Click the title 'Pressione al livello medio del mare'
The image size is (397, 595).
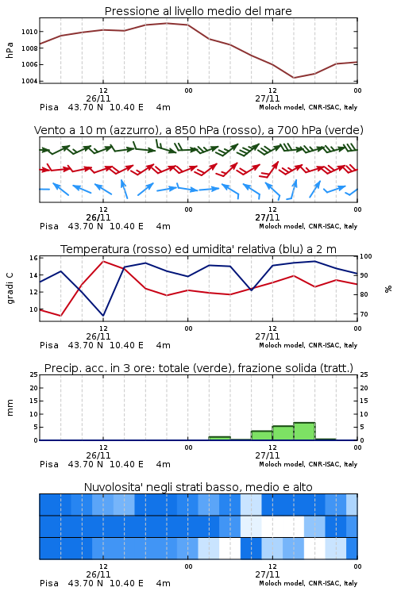(198, 11)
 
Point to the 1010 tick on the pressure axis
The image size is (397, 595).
(29, 32)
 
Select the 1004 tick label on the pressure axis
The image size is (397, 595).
(29, 81)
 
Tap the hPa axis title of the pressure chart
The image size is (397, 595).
(10, 50)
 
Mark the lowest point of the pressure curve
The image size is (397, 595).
(294, 78)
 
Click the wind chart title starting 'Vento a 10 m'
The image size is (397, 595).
(198, 130)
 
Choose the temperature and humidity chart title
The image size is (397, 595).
(198, 249)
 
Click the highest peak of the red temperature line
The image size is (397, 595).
(103, 261)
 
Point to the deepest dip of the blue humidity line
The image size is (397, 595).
(103, 315)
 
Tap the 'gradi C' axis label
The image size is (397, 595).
(10, 288)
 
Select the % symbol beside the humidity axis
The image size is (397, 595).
(388, 289)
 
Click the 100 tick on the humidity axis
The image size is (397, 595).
(366, 256)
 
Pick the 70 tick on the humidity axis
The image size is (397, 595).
(364, 314)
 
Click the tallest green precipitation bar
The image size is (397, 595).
(304, 432)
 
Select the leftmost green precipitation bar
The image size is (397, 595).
(220, 438)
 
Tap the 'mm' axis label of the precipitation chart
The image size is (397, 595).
(10, 408)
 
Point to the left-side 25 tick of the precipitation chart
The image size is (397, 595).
(34, 374)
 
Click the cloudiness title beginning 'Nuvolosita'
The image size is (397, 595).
(198, 487)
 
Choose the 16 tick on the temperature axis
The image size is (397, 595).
(33, 258)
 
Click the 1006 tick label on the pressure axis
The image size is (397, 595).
(29, 64)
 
